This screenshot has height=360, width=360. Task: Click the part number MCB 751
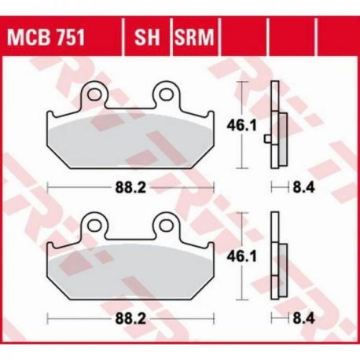(x=46, y=37)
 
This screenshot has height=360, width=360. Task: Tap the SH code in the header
(x=147, y=37)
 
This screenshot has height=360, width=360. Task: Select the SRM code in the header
(x=194, y=37)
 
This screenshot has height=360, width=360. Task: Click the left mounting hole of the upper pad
(x=94, y=94)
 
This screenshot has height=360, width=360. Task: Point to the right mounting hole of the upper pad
(x=167, y=94)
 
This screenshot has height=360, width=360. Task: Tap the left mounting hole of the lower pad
(x=94, y=226)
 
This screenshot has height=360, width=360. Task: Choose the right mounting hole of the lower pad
(x=167, y=226)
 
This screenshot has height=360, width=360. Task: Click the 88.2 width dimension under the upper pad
(x=130, y=188)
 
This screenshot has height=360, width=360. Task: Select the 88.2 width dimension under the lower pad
(x=130, y=319)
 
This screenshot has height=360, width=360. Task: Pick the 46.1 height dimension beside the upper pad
(x=242, y=126)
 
